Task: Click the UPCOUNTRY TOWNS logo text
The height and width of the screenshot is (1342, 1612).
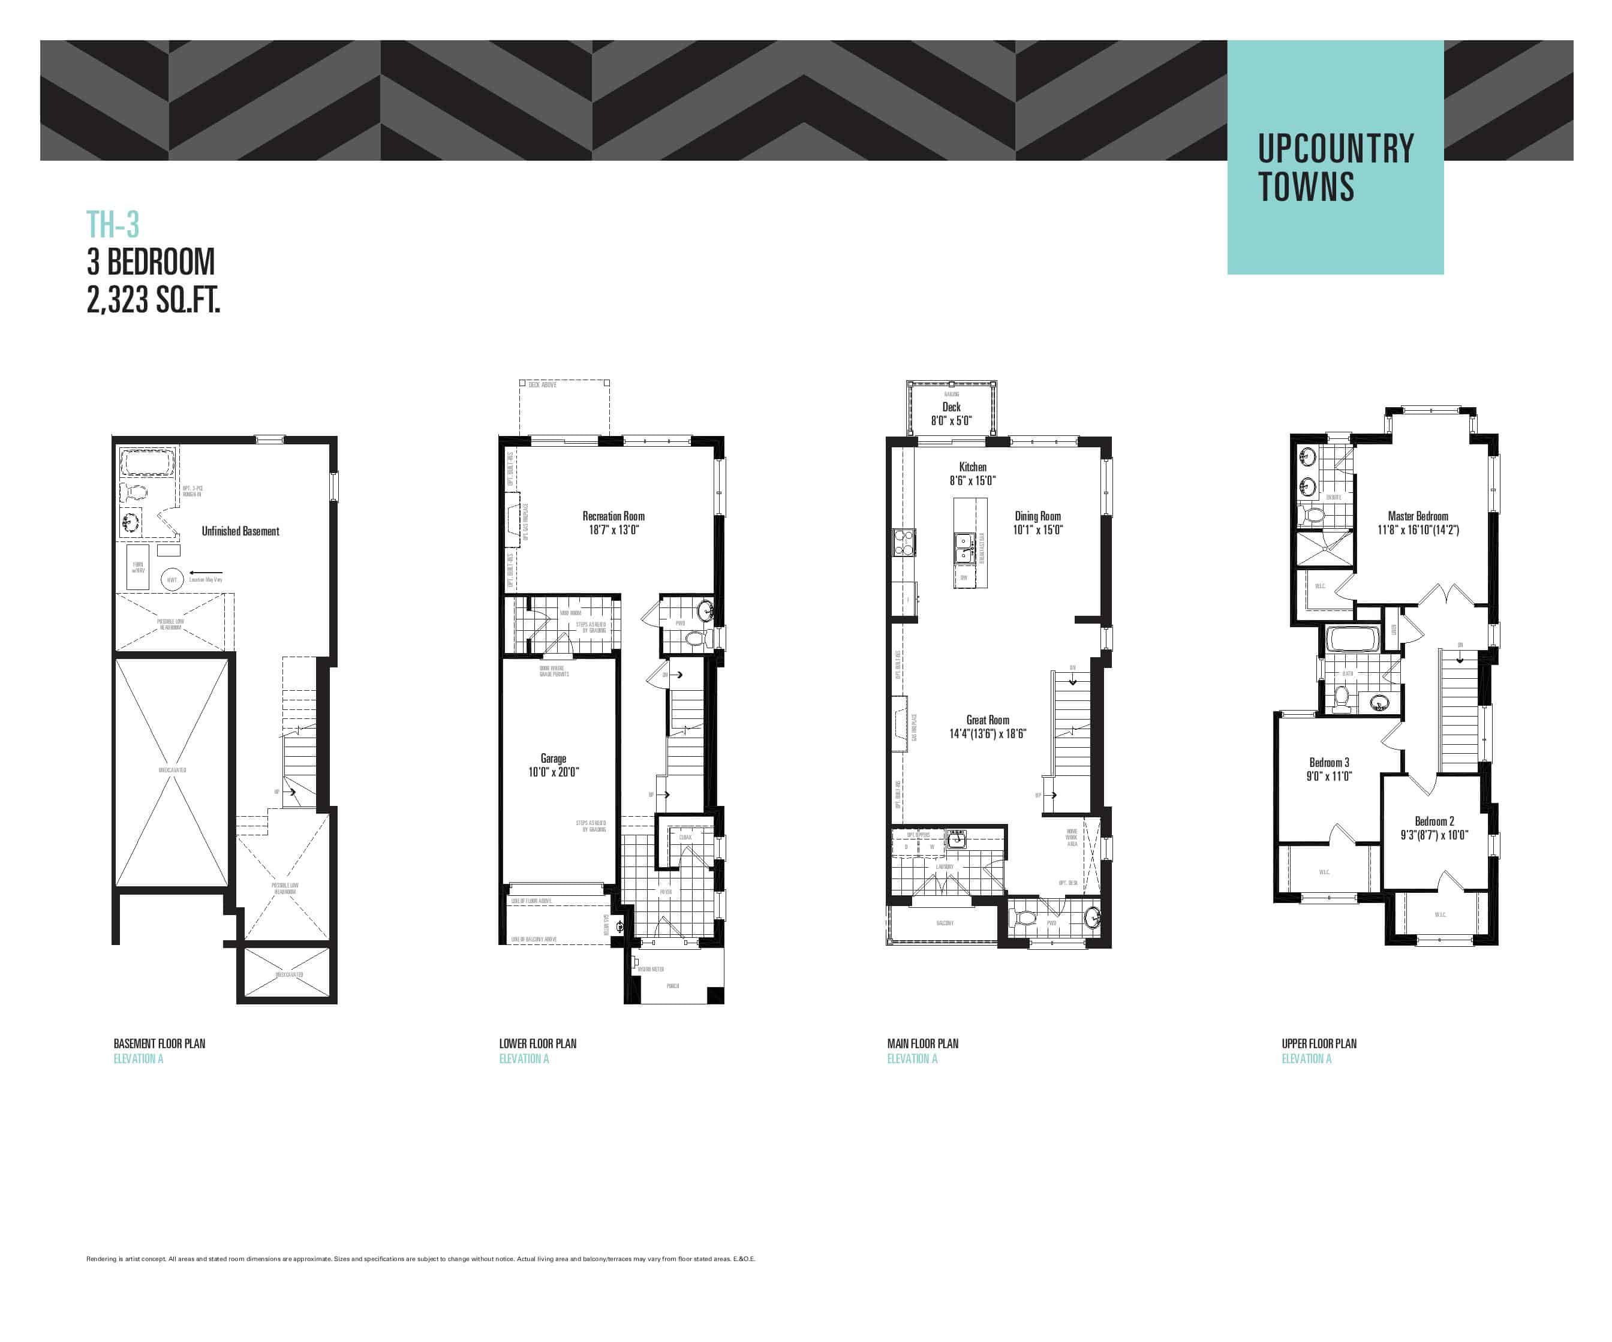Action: (x=1335, y=167)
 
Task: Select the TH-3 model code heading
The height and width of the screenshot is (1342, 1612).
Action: (x=113, y=224)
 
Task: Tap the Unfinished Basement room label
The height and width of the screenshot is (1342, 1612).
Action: (x=240, y=531)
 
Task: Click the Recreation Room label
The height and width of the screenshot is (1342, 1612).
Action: (x=613, y=516)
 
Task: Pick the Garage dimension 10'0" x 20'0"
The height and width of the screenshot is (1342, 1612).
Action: (x=554, y=772)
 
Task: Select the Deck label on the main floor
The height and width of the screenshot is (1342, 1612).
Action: (x=951, y=407)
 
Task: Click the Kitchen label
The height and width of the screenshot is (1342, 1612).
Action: (x=973, y=467)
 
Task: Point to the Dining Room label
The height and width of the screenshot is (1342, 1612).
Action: (x=1038, y=516)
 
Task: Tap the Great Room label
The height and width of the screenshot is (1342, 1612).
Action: (x=988, y=720)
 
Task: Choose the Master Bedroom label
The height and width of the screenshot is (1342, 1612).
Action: (x=1418, y=516)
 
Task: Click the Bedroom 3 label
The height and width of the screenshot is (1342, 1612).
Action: (x=1329, y=762)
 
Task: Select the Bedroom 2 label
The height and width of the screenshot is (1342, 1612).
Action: (x=1434, y=822)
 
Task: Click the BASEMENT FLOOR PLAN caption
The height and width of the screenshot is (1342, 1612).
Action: (x=160, y=1043)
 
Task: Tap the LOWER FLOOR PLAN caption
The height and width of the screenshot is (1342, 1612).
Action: (x=537, y=1043)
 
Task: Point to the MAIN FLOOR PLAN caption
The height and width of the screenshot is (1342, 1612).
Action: (x=923, y=1043)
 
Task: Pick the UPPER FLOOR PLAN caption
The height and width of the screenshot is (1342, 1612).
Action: (x=1319, y=1043)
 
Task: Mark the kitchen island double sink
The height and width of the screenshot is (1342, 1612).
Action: (x=963, y=549)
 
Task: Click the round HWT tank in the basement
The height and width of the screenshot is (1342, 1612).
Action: (x=172, y=580)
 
